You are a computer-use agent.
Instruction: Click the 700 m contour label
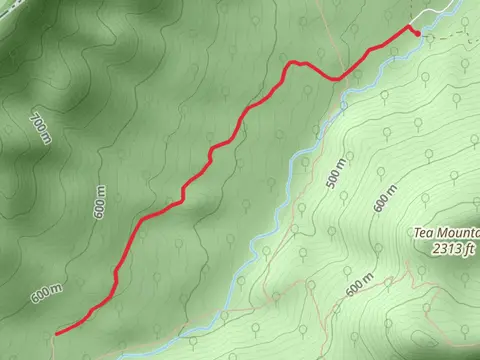click(40, 129)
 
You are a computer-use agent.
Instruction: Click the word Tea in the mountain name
click(424, 234)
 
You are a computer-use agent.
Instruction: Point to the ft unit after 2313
click(468, 248)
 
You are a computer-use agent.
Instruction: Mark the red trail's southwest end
click(56, 332)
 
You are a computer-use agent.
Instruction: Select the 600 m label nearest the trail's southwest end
click(46, 294)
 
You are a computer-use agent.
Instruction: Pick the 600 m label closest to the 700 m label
click(99, 204)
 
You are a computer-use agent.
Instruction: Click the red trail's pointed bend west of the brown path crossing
click(293, 63)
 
